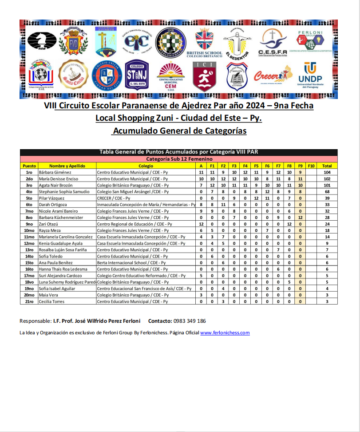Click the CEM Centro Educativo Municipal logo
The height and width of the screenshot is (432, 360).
click(170, 75)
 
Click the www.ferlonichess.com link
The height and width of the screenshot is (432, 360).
click(225, 333)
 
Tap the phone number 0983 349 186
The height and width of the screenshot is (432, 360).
click(190, 321)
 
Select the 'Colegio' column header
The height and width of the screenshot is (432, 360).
click(146, 166)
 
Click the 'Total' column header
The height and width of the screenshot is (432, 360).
click(327, 166)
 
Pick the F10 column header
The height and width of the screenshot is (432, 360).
click(311, 166)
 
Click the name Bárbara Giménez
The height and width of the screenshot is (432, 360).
click(55, 172)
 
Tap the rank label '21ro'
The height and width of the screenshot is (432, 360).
click(29, 301)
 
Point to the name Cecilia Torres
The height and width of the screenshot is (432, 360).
click(51, 301)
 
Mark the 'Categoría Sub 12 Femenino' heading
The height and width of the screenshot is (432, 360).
click(179, 159)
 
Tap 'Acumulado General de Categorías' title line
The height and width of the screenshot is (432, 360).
click(179, 131)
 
